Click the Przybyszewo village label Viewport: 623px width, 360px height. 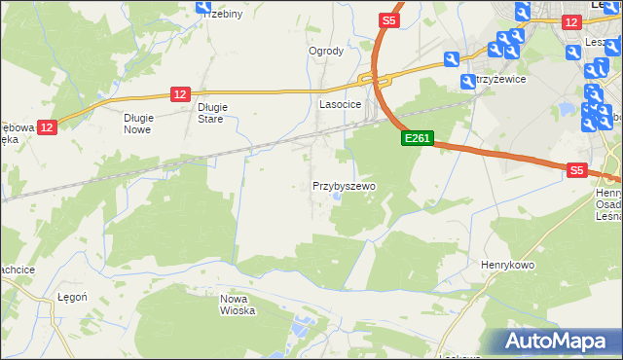pos(344,185)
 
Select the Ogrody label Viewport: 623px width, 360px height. pos(326,51)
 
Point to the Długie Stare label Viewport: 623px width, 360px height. pos(210,113)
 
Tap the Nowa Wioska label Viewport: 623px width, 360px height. pos(237,305)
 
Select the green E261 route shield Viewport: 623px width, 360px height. pos(417,139)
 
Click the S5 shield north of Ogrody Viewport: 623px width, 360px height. pos(389,19)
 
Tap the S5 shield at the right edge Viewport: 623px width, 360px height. pos(577,169)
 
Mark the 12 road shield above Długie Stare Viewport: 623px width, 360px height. pos(179,93)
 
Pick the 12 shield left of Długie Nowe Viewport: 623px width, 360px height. pos(48,126)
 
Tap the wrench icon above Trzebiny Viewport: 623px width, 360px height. pos(203,7)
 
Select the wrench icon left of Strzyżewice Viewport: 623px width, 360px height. pos(451,59)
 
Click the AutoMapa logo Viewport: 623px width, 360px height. pos(557,341)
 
